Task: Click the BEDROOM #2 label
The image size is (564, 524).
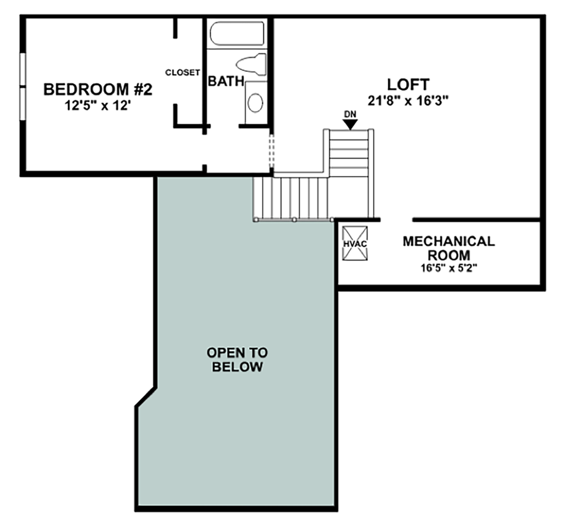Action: click(98, 89)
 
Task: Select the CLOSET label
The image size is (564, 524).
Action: click(182, 73)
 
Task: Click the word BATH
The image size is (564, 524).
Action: click(225, 82)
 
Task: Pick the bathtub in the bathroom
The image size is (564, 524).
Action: click(237, 34)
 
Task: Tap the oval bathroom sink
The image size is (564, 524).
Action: click(256, 103)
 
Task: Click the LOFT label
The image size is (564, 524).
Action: click(408, 84)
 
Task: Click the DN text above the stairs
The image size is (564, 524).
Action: click(349, 114)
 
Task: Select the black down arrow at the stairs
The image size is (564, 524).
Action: click(349, 124)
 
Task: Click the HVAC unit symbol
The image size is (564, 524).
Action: click(355, 244)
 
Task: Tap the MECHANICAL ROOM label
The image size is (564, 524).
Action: click(448, 248)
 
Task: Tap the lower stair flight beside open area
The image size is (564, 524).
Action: click(291, 197)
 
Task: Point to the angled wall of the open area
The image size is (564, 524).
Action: click(145, 397)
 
